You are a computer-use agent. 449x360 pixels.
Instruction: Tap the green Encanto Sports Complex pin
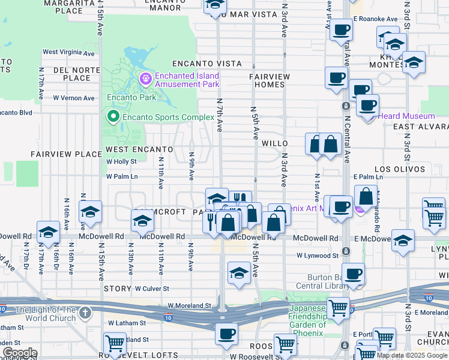coord(112,116)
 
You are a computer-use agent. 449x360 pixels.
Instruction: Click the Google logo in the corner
coord(20,353)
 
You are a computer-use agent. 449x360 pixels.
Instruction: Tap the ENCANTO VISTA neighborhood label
coord(206,64)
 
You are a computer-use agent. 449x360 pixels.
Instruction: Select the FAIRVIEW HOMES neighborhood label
coord(270,80)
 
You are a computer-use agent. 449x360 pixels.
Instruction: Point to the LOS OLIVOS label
coord(396,170)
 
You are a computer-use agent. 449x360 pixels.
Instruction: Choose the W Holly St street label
coord(121,161)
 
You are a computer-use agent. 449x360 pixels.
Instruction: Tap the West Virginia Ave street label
coord(68,53)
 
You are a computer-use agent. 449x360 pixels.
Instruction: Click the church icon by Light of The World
coord(85,313)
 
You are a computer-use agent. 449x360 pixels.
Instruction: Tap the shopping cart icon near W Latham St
coord(115,344)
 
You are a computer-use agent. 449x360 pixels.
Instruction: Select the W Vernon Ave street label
coord(74,98)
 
